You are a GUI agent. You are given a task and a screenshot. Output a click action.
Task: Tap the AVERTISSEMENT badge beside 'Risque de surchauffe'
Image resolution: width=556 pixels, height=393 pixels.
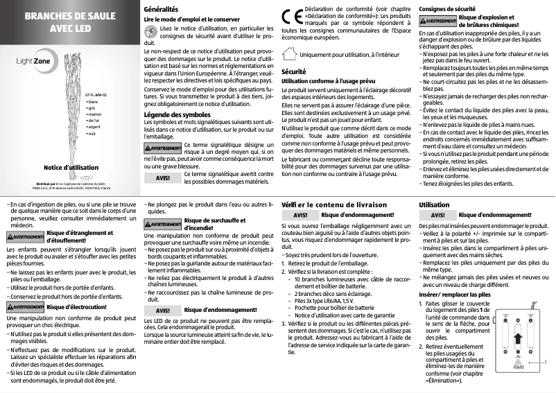coord(162,225)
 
